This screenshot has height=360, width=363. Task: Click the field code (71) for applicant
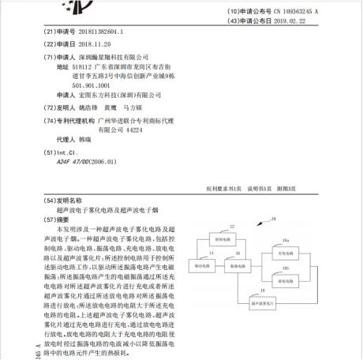(51, 58)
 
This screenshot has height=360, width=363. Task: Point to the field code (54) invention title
(51, 201)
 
